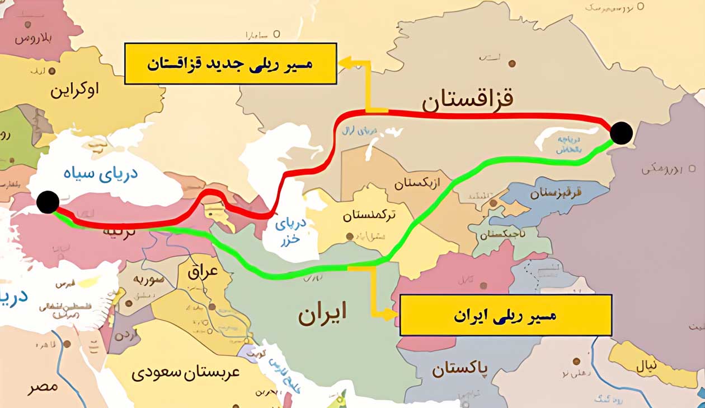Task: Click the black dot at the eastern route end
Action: [621, 133]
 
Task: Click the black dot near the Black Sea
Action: [48, 202]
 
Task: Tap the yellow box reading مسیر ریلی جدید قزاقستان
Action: [230, 63]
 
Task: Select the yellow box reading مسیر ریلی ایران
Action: [505, 315]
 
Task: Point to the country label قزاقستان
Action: [467, 100]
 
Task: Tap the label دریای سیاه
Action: [109, 173]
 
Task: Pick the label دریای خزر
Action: [291, 230]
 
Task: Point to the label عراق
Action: [204, 273]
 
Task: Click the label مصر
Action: [43, 387]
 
